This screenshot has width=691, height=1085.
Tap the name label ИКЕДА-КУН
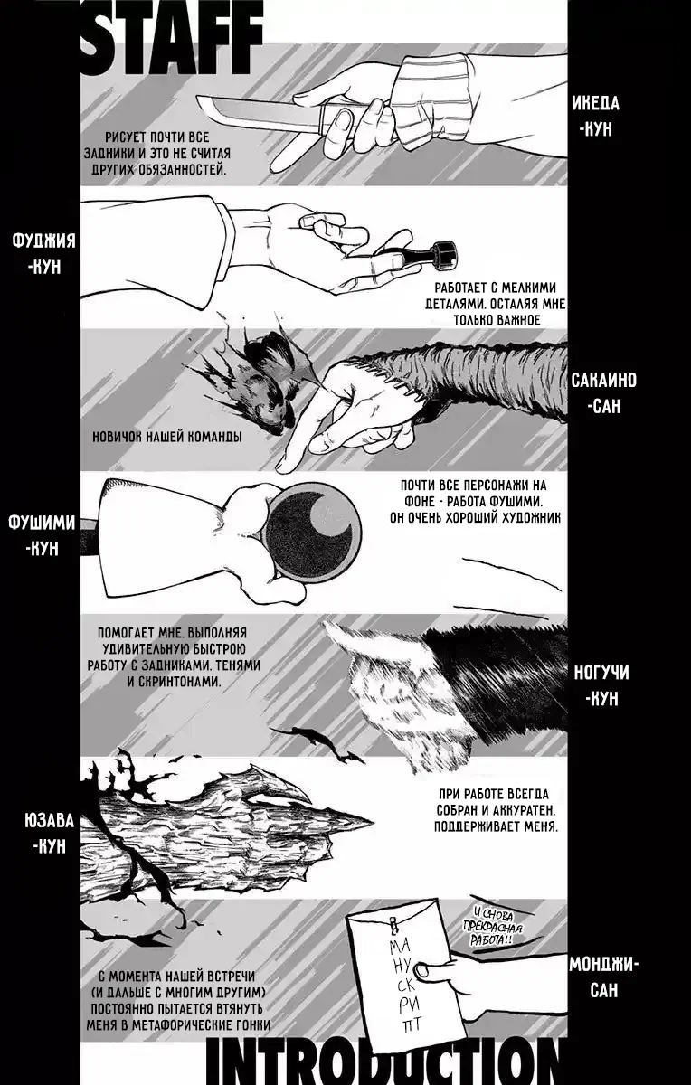tap(595, 117)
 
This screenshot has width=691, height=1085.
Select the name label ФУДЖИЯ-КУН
tap(44, 253)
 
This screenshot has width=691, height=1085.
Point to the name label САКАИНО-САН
tap(603, 392)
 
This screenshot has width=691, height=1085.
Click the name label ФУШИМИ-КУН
tap(43, 535)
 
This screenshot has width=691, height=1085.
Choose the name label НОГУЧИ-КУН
tap(601, 685)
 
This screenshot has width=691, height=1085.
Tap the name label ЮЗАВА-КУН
tap(50, 833)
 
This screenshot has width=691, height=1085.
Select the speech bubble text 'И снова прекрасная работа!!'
tap(493, 926)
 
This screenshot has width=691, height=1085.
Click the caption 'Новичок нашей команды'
tap(167, 437)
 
